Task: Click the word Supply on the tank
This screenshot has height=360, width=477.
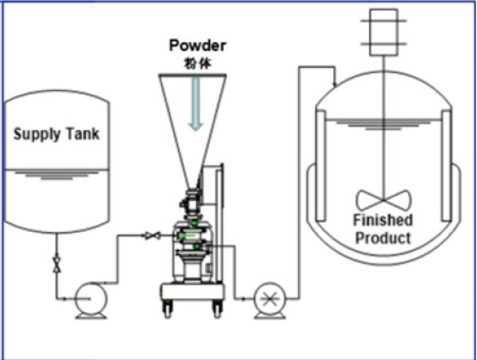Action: point(37,135)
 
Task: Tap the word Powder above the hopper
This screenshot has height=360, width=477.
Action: point(197,45)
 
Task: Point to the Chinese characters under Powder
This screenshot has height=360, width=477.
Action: point(197,64)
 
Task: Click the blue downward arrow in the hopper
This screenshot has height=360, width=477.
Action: point(195,104)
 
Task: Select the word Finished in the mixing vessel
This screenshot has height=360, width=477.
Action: point(383,220)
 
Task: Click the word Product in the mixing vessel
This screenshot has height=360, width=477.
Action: point(383,237)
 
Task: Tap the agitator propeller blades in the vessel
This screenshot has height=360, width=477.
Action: point(383,200)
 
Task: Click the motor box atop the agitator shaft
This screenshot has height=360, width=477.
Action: point(383,32)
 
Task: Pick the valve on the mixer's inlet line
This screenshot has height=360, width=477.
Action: point(152,235)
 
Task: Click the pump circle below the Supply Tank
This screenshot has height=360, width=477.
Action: point(91,298)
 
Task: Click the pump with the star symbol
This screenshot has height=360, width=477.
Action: point(270,299)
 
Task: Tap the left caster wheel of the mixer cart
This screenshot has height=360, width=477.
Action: point(167,309)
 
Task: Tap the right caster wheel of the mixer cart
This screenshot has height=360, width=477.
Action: point(217,309)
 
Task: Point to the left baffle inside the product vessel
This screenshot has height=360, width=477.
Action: point(321,165)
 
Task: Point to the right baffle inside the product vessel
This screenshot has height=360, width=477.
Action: point(446,165)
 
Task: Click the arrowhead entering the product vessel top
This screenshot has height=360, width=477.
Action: point(335,84)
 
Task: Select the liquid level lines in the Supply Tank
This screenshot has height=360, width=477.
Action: point(57,175)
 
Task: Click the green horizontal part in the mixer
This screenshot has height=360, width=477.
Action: point(187,235)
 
